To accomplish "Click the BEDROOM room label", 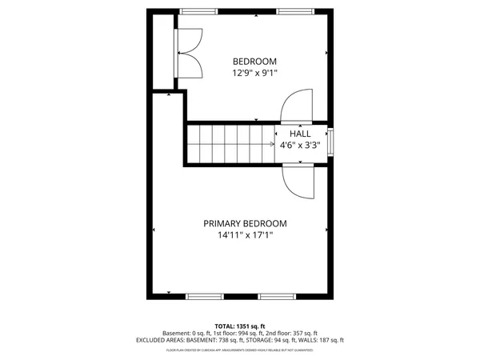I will click(254, 62).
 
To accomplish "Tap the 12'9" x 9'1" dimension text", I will click(254, 73).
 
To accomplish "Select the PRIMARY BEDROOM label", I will click(245, 224).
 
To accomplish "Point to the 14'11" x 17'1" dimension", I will click(245, 235).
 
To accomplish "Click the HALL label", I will click(300, 134).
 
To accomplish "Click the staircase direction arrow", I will click(268, 144).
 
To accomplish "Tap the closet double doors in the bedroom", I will click(190, 54).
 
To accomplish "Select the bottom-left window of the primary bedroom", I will click(206, 296).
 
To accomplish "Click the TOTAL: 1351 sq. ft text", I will click(240, 326).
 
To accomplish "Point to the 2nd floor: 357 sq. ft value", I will click(290, 333).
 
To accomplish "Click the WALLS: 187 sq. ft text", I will click(320, 340).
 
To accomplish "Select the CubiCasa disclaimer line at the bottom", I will click(240, 350).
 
